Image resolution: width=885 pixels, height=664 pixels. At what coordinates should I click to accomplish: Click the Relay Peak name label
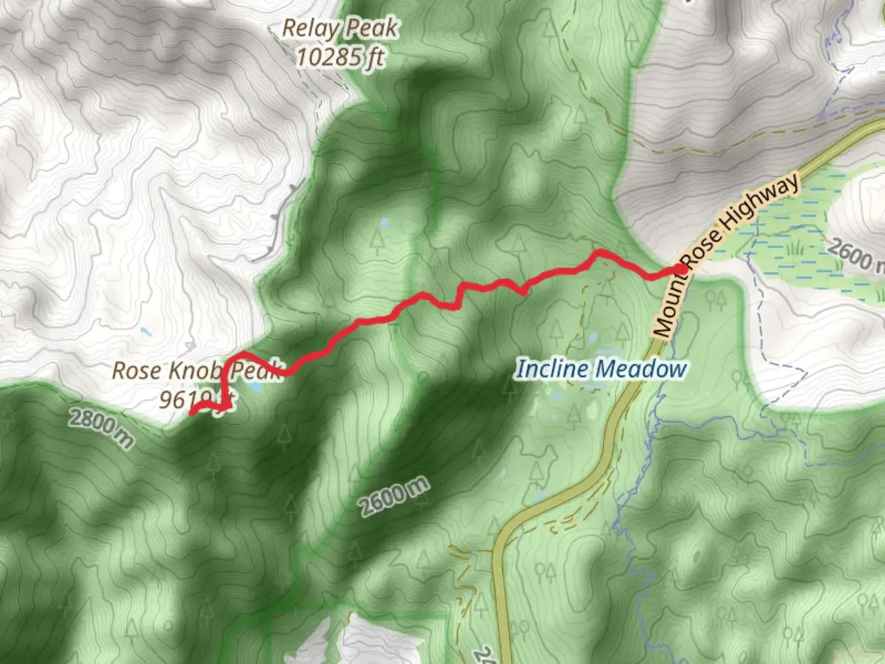point(340,28)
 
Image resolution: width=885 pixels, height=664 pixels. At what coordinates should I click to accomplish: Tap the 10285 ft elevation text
point(340,57)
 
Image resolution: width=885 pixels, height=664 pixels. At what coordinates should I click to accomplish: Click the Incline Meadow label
point(600,369)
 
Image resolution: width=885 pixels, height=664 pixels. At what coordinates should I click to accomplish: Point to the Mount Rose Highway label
point(725,253)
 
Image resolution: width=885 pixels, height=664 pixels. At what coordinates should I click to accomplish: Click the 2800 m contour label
point(101,429)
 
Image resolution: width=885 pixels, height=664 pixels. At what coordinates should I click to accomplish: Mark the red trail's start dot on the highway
point(681,269)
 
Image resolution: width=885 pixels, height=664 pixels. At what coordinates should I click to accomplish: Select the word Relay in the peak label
point(310,28)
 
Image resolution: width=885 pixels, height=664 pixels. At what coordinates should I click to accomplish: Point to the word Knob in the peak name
point(194,370)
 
